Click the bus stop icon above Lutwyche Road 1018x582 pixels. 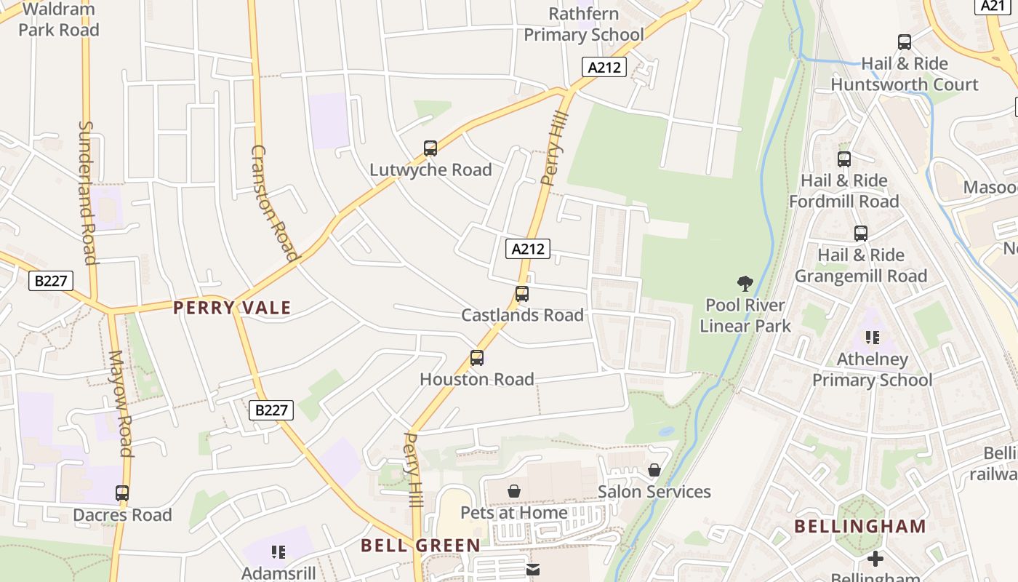[x=430, y=148]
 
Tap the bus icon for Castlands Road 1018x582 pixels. [x=521, y=294]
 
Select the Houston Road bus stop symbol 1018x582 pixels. [x=477, y=358]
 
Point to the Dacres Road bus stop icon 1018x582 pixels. [x=122, y=493]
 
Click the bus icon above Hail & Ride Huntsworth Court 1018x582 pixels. [x=905, y=42]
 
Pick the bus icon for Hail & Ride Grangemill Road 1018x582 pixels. [x=861, y=234]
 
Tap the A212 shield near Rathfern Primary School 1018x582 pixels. [x=604, y=68]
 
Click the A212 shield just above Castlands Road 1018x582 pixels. [x=528, y=249]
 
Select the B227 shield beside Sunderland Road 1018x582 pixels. [x=51, y=281]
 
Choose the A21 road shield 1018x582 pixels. [x=993, y=6]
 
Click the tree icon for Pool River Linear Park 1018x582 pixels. [x=745, y=283]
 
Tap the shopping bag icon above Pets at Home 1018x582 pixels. [x=514, y=491]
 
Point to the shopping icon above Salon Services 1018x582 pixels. [x=654, y=471]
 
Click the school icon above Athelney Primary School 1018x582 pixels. [x=873, y=338]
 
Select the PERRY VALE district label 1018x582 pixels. [x=232, y=308]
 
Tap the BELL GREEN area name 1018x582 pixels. [x=420, y=546]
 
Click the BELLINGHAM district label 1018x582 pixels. [x=860, y=526]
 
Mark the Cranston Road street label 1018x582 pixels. [x=274, y=202]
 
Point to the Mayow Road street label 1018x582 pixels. [x=121, y=404]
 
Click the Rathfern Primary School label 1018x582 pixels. [x=584, y=24]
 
